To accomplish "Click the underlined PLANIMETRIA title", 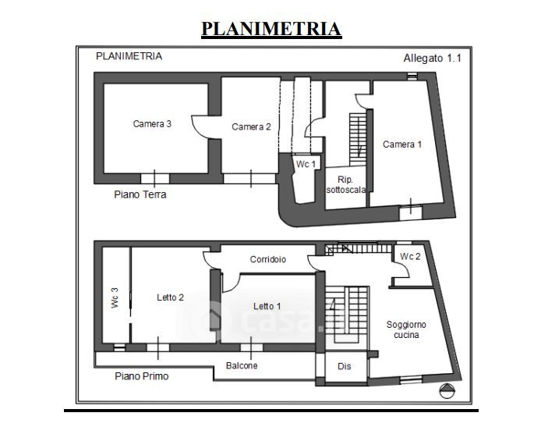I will coord(270,29).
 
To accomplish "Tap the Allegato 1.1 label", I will coord(432,58).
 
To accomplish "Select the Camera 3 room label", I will coord(152,123).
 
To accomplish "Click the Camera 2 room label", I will coord(251,126).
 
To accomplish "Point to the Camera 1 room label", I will coord(402,144).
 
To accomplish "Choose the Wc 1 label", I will coord(306,164).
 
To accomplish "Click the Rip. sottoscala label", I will coord(345,184).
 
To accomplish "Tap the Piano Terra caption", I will coord(140,194).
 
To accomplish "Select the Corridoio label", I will coord(268,259).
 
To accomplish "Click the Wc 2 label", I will coord(411,257).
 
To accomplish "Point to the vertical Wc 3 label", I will coord(114,297).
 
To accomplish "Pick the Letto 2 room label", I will coord(170,297).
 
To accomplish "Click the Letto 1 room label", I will coord(268,305).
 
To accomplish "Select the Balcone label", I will coord(242,365).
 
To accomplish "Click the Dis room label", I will coord(344,365).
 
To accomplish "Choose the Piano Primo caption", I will coord(141,375).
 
